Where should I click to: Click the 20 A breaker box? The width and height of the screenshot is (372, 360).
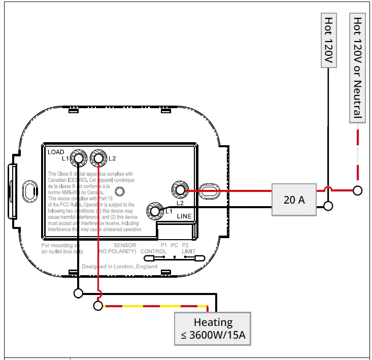click(x=294, y=200)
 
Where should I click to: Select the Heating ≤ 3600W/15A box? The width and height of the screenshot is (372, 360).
click(x=213, y=329)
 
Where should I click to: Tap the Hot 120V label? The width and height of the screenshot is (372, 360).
click(x=329, y=41)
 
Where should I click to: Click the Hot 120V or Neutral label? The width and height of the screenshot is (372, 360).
click(x=357, y=68)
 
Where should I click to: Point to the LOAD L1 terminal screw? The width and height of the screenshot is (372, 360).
click(x=79, y=159)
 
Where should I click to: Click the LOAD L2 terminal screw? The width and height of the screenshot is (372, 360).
click(x=98, y=159)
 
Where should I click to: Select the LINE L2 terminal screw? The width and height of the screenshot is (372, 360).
click(x=179, y=190)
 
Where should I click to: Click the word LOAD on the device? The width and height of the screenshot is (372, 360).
click(x=56, y=152)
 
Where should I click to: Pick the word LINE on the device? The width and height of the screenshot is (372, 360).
click(x=184, y=216)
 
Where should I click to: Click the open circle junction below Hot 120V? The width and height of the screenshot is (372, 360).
click(x=328, y=206)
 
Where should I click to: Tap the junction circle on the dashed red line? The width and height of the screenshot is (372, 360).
click(x=358, y=190)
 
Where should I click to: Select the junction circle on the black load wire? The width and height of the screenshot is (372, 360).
click(x=78, y=293)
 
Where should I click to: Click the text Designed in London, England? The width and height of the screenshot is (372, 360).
click(x=119, y=267)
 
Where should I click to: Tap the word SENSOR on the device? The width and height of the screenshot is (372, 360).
click(x=124, y=245)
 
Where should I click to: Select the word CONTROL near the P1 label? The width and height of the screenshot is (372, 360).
click(x=153, y=251)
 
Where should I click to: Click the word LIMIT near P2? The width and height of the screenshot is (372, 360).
click(x=188, y=251)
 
